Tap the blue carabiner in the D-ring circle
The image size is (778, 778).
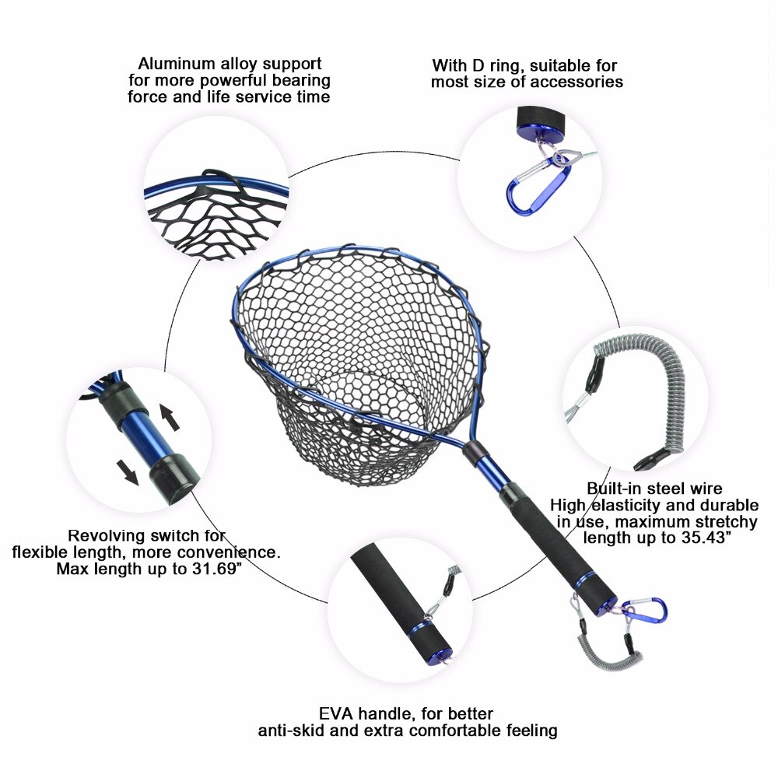(529, 186)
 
